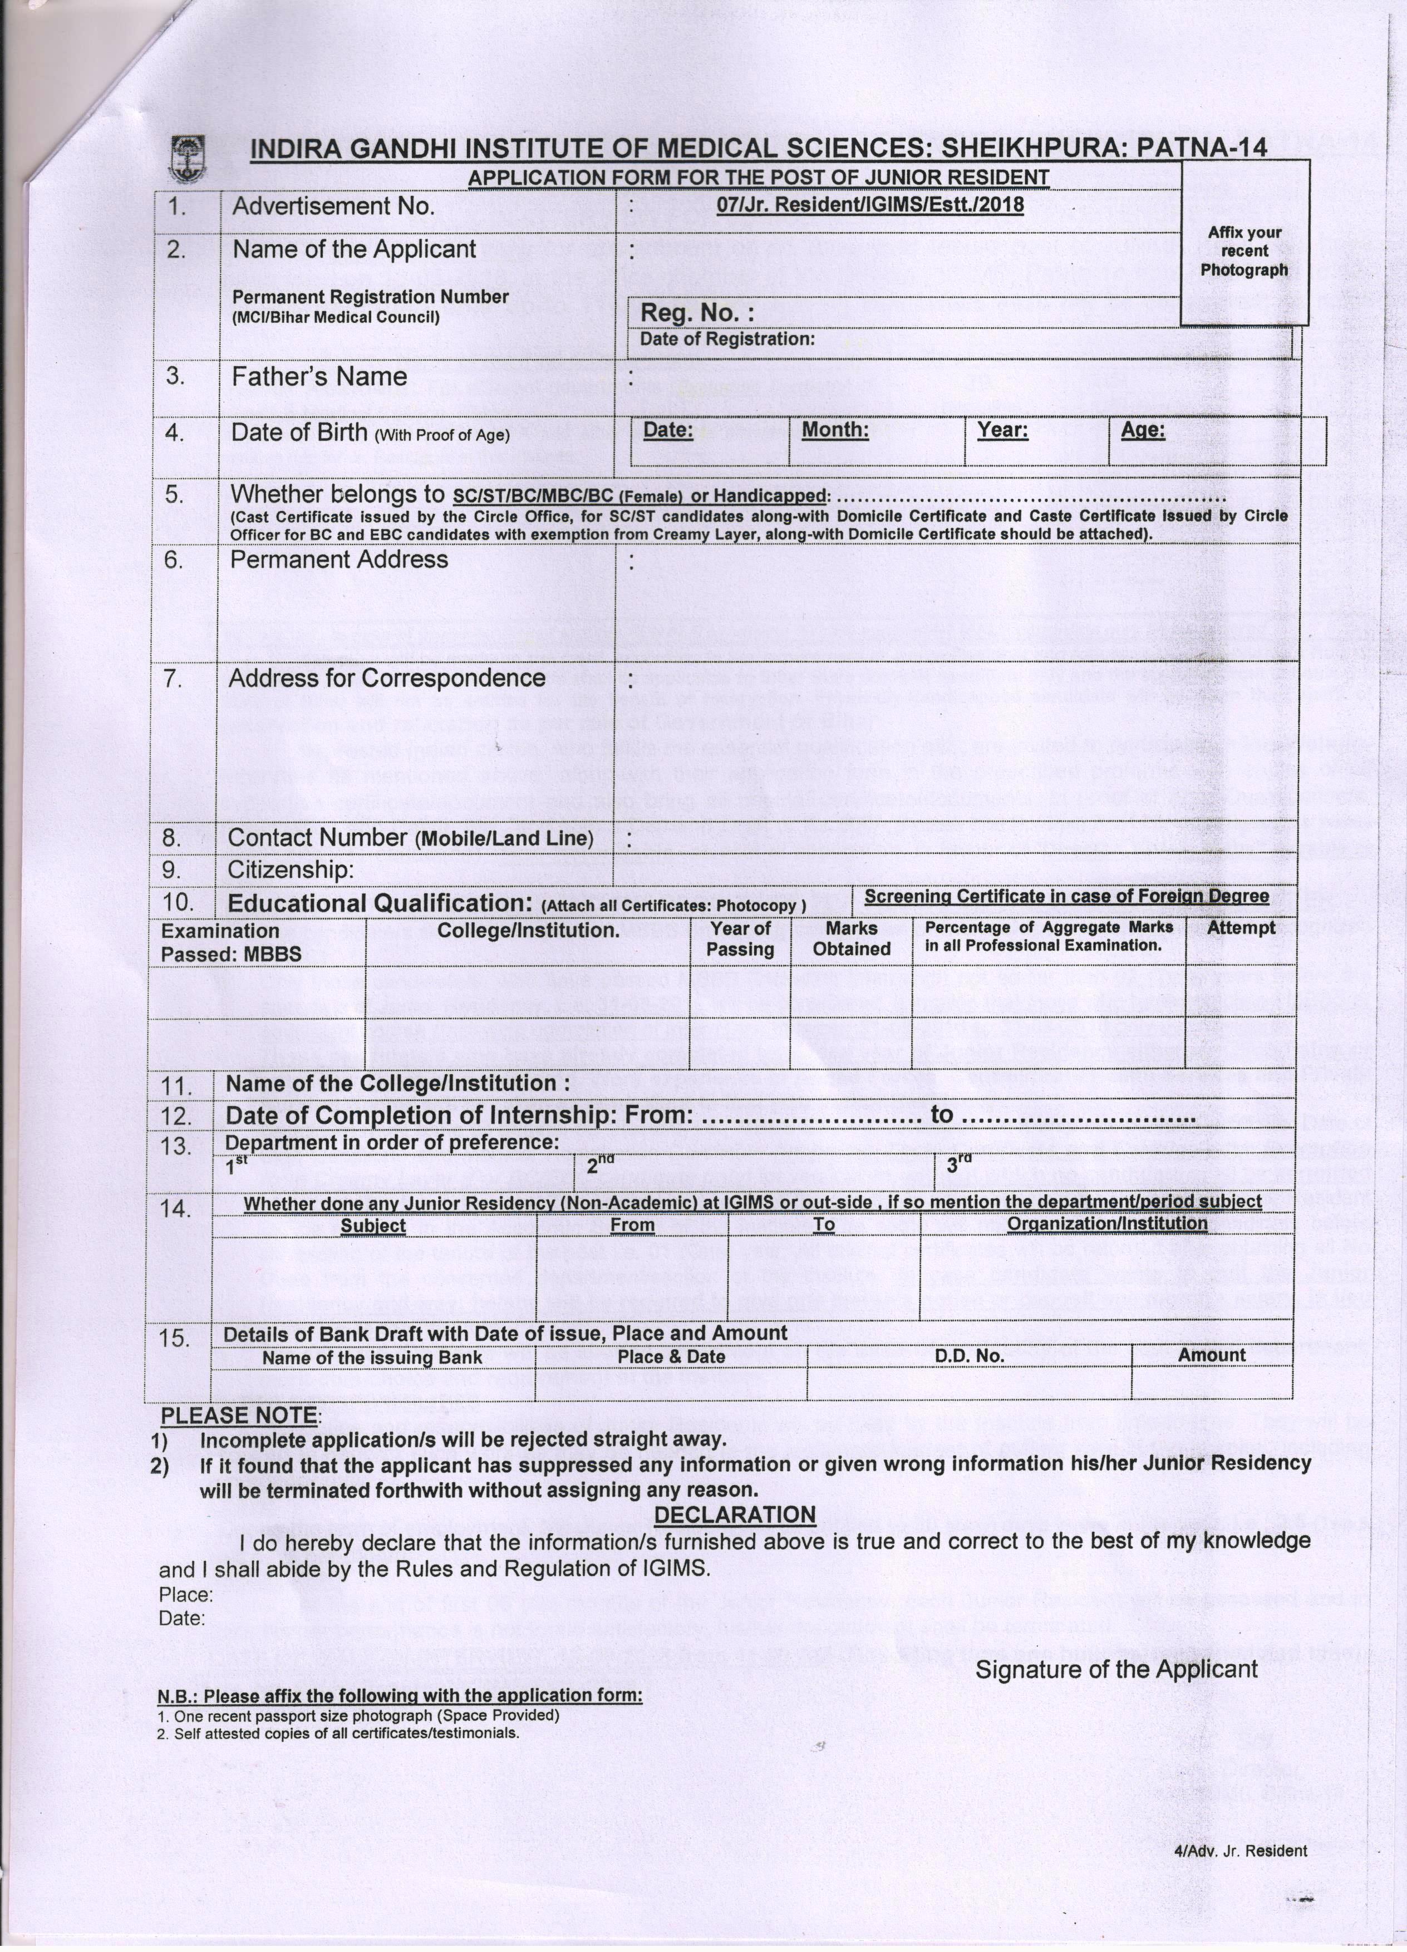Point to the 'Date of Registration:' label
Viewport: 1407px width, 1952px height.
pos(727,339)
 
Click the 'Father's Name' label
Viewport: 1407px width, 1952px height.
pos(319,377)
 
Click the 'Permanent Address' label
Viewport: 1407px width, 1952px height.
pos(339,559)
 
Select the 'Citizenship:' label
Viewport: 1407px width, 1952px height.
pos(290,869)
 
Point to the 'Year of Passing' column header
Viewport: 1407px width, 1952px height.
pos(740,939)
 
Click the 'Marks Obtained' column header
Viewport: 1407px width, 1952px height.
pos(851,939)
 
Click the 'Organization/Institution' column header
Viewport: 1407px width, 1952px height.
pos(1106,1223)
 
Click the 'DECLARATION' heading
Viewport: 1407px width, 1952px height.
pos(735,1515)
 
